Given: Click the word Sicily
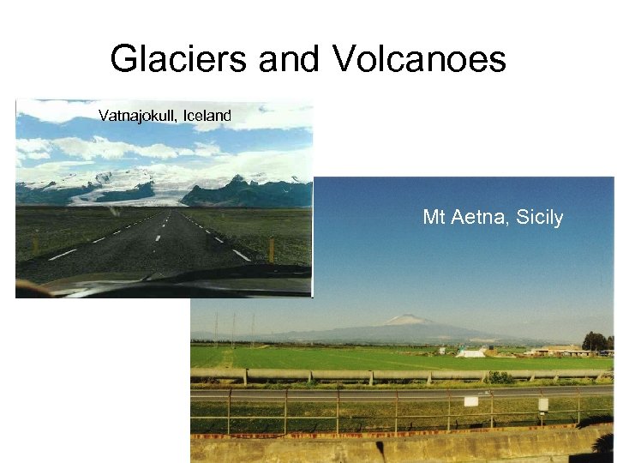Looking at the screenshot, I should click(x=541, y=218).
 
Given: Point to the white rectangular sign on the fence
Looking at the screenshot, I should click(x=470, y=400).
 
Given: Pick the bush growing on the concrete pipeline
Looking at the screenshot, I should click(x=501, y=377).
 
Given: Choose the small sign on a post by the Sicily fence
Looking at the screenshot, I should click(x=542, y=404).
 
